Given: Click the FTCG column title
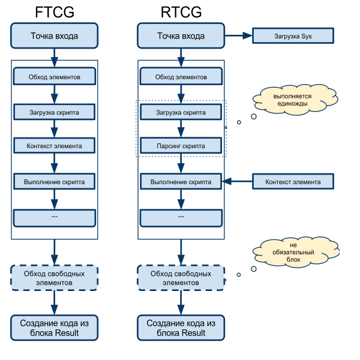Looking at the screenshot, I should coord(55,11).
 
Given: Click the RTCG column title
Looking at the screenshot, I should coord(181,11).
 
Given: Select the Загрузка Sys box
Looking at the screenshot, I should coord(293,36).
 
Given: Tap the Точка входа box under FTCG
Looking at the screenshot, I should coord(55,36).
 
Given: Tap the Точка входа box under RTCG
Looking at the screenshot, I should coord(181,36).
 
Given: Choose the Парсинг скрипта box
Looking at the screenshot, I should coord(181,146).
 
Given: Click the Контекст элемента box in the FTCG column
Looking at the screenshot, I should coord(55,146).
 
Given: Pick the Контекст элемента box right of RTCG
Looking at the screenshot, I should coord(293,181).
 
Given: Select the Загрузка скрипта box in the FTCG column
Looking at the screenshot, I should coord(55,112).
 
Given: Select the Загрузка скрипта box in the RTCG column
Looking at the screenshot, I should coord(181,112).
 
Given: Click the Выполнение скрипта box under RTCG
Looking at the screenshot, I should coord(181,181).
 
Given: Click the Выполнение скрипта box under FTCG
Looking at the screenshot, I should coord(55,181).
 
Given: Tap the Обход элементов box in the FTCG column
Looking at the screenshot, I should coord(55,77).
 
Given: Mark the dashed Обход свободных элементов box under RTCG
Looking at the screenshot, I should coord(181,277).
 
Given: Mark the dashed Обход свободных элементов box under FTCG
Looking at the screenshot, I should coord(55,277).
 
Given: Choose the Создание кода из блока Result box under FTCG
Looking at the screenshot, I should coord(55,328).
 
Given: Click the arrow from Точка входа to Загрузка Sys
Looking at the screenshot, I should coord(238,36).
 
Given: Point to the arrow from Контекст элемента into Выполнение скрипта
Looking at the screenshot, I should coord(238,181).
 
